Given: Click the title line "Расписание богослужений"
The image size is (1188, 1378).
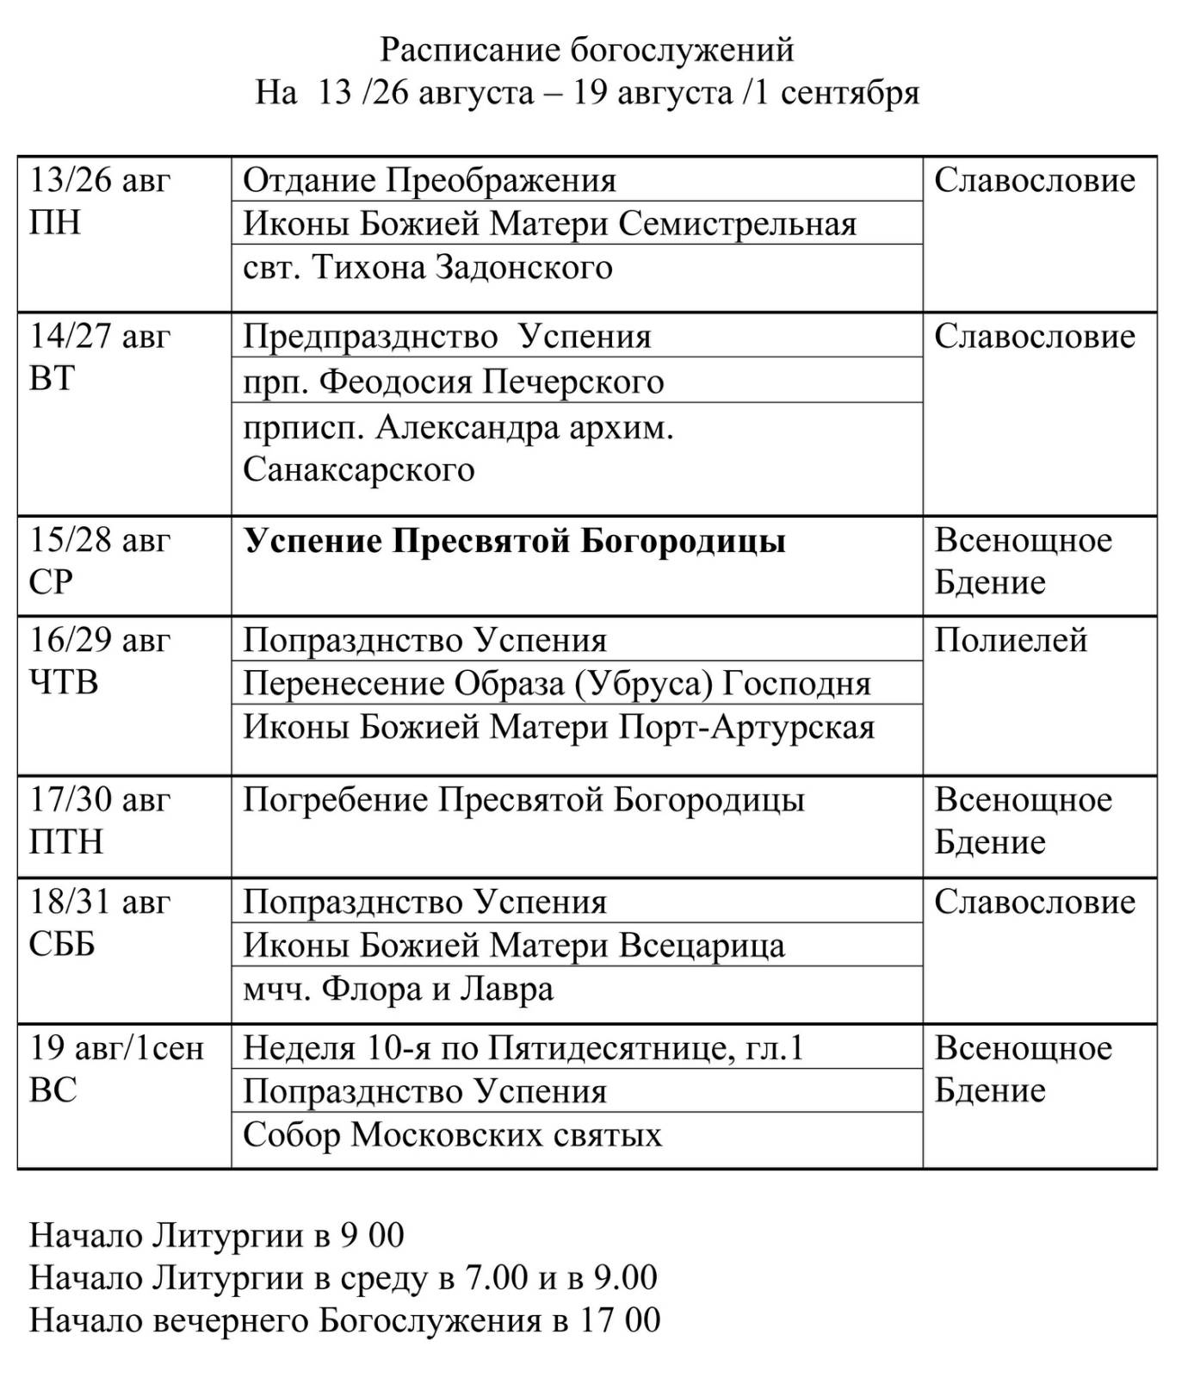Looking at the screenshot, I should (586, 50).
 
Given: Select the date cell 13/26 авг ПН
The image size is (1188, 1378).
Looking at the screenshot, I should (100, 202).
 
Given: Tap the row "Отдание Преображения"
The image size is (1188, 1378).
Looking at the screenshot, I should (429, 181).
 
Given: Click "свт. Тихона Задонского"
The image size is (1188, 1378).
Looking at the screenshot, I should (427, 267).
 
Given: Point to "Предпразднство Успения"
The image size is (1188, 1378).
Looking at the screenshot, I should (446, 336).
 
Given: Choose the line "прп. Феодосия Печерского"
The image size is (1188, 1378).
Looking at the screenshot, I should (453, 381).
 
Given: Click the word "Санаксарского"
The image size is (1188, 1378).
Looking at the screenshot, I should (358, 469).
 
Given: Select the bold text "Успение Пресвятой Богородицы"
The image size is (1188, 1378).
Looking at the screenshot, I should (514, 541).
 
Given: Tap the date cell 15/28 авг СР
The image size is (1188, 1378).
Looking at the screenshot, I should (100, 562).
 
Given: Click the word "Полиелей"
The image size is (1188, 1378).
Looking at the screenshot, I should (1011, 640).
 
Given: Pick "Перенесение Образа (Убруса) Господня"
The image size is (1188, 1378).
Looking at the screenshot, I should (556, 683).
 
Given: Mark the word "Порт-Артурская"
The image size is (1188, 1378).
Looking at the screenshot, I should (747, 727).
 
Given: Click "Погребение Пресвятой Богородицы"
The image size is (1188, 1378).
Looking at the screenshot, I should (523, 800).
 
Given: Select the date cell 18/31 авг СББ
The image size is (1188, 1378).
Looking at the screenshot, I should (100, 923).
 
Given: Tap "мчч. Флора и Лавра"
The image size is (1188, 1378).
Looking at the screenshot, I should (398, 989).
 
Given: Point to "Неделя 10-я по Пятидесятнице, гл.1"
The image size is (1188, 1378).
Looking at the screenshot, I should (523, 1048).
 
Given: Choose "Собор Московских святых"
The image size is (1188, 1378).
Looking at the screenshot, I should (452, 1134).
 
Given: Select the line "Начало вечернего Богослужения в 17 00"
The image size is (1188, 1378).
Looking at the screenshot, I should (344, 1319).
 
